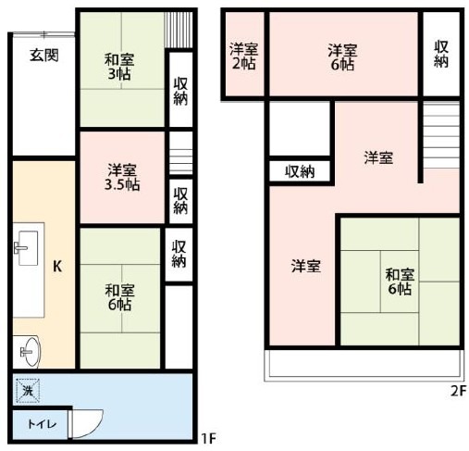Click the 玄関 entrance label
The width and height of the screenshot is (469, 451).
(44, 56)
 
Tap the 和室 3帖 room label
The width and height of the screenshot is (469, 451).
(119, 67)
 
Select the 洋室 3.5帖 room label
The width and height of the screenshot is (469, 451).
(122, 177)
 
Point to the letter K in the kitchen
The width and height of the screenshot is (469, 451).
(57, 266)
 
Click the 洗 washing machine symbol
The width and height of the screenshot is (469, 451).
(28, 391)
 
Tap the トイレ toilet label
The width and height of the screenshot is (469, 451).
(42, 424)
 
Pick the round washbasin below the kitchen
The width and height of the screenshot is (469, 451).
(30, 352)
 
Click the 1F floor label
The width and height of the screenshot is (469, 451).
(208, 438)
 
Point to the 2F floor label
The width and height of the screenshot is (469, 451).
(458, 391)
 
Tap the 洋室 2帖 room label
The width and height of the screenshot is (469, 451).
(243, 56)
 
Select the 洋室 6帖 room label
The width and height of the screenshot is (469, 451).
(342, 57)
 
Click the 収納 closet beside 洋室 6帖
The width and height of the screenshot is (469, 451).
(441, 54)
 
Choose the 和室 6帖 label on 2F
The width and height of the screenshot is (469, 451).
(400, 282)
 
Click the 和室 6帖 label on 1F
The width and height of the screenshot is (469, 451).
(119, 297)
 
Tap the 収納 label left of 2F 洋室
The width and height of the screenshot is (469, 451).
(300, 171)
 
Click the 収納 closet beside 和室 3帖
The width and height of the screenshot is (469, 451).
(180, 91)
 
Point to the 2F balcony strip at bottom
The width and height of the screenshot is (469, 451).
(364, 365)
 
